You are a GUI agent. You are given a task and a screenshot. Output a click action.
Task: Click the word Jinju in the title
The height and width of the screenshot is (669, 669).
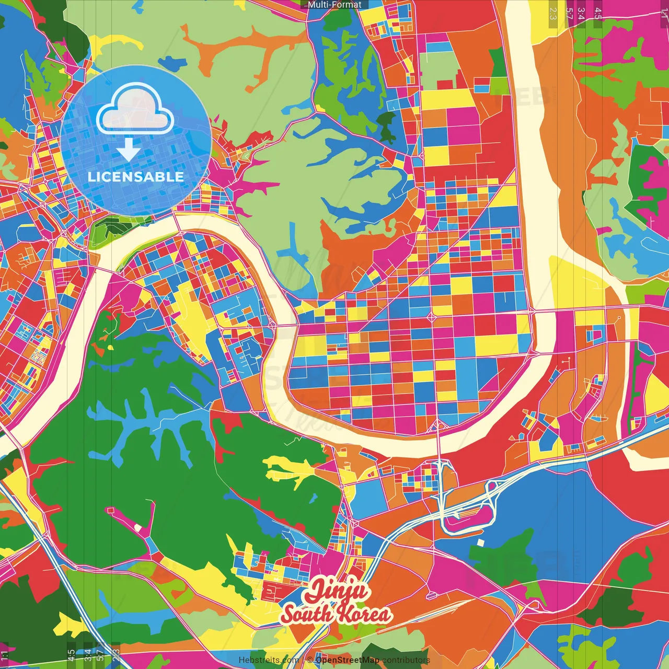[x=337, y=591]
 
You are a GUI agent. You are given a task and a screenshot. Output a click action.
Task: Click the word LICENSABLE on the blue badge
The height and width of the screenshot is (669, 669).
[x=136, y=177]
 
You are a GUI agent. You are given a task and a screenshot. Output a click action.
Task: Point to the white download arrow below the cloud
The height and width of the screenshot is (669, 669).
[x=128, y=150]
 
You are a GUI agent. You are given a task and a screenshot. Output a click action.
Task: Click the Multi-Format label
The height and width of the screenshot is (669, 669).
[x=334, y=5]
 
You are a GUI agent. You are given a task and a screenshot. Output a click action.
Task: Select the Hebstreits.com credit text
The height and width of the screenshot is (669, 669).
[x=269, y=660]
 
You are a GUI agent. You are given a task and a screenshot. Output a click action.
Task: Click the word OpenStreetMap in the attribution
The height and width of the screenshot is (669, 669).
[x=348, y=660]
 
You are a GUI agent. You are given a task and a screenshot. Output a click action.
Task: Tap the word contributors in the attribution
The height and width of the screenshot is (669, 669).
[x=406, y=660]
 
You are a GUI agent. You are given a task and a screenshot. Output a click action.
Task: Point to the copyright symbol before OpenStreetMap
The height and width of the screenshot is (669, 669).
[x=310, y=660]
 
